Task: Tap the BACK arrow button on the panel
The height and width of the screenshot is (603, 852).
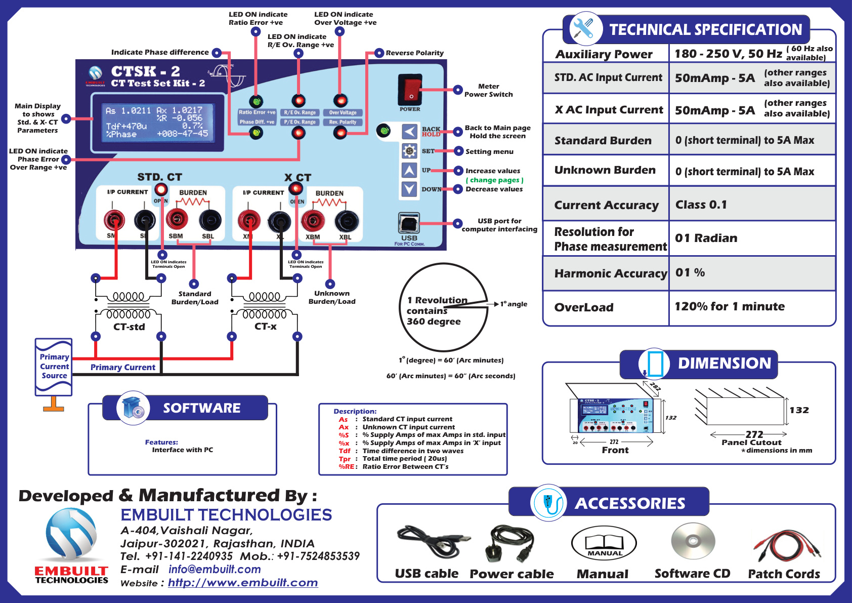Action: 409,132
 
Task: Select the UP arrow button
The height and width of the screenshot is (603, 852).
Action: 409,170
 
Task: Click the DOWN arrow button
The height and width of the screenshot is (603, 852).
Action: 409,189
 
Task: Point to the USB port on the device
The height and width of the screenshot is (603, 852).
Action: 409,222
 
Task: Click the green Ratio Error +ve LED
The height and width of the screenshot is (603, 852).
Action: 256,101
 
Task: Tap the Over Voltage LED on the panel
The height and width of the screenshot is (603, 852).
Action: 340,100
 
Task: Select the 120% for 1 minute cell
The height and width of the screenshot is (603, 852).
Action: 729,306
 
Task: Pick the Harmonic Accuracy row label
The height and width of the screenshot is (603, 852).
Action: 610,273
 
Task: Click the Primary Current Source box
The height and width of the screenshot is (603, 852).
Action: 54,367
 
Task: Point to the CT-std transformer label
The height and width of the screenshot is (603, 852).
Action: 129,327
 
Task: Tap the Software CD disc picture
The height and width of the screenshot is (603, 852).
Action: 693,541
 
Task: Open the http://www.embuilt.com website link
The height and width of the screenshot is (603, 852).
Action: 243,583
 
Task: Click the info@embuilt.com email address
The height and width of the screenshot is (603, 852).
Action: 215,569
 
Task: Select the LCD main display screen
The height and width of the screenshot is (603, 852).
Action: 157,122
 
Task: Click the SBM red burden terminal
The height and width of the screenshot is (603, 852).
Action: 177,219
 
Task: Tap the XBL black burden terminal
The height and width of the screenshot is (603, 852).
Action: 346,221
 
